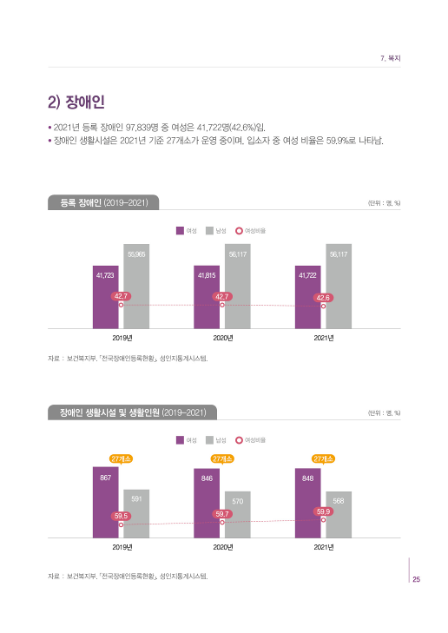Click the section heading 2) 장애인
77,102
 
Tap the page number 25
416,580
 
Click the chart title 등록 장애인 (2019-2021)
102,202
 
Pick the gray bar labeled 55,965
136,287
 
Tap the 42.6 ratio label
322,297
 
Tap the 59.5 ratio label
121,516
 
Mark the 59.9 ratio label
322,511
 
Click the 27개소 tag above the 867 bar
121,458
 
